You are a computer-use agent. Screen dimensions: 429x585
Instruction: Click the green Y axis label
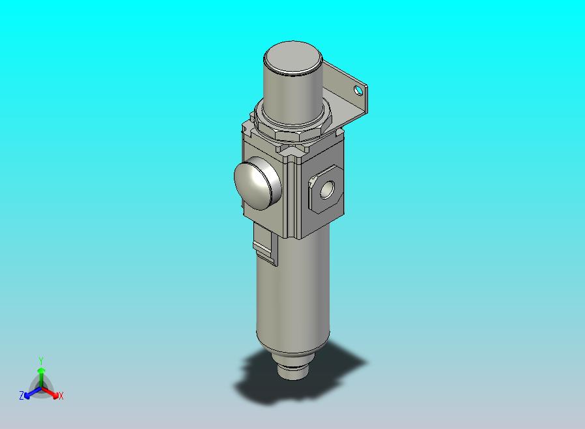pyautogui.click(x=41, y=361)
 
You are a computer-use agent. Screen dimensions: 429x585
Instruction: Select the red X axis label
pyautogui.click(x=61, y=396)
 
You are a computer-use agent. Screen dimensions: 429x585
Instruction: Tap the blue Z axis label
pyautogui.click(x=21, y=396)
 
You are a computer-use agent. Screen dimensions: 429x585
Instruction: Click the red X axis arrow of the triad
pyautogui.click(x=52, y=393)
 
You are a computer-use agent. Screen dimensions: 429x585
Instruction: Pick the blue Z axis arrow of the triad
pyautogui.click(x=30, y=393)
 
